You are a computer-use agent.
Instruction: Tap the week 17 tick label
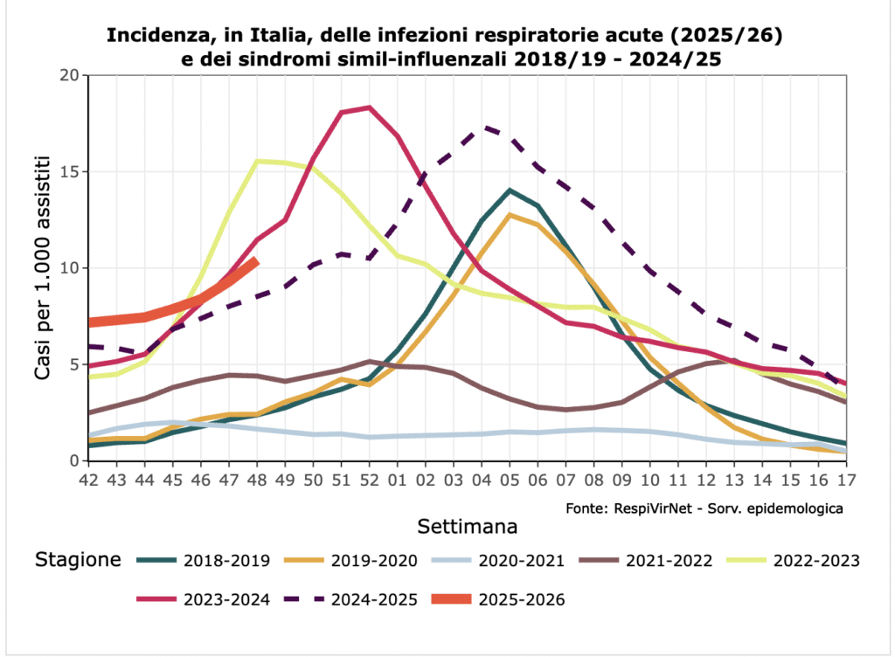tap(845, 482)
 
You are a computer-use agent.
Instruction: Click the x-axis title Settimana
tap(467, 527)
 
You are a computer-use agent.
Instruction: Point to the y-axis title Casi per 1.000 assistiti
tap(42, 268)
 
